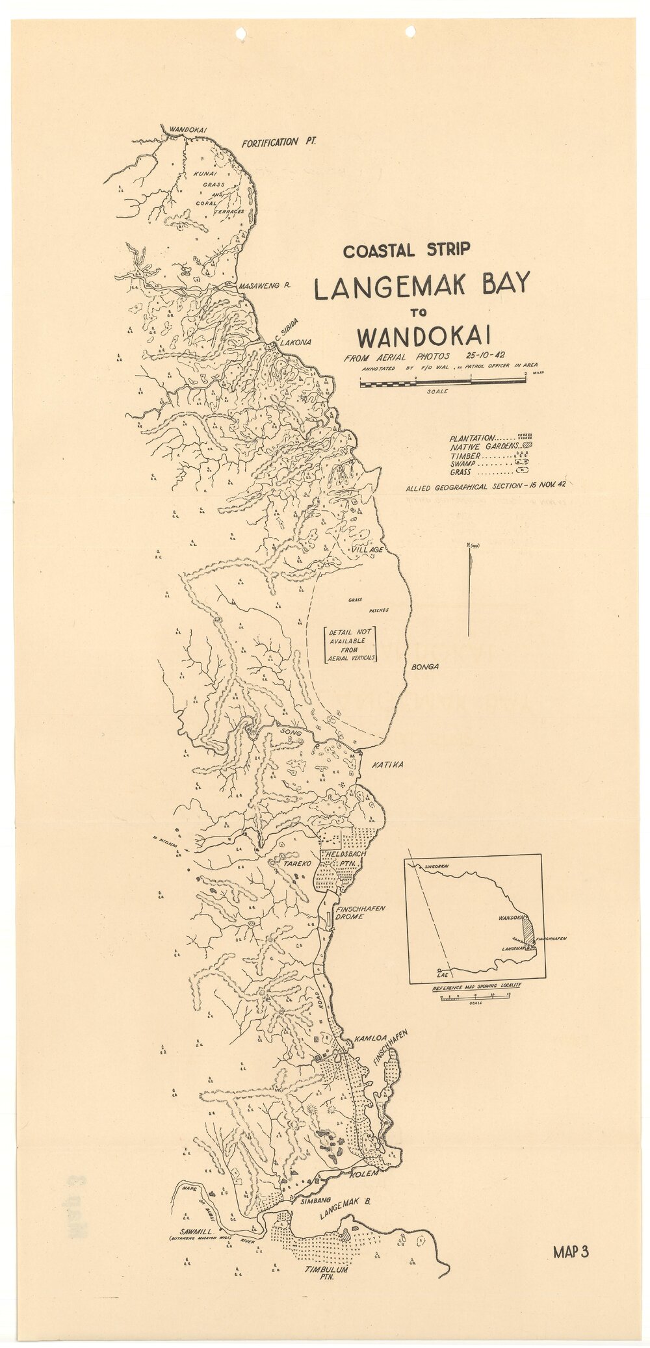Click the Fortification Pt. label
pyautogui.click(x=278, y=142)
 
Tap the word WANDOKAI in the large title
pyautogui.click(x=423, y=338)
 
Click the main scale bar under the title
pyautogui.click(x=443, y=382)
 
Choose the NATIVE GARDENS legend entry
pyautogui.click(x=484, y=447)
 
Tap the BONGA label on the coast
pyautogui.click(x=425, y=667)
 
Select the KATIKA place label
pyautogui.click(x=387, y=764)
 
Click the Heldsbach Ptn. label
pyautogui.click(x=344, y=858)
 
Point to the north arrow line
pyautogui.click(x=469, y=591)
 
